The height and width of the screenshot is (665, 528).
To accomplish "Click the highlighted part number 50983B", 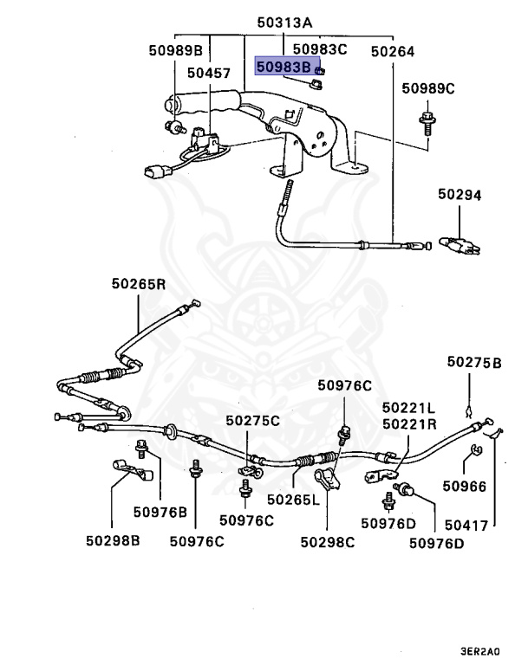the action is [x=284, y=67].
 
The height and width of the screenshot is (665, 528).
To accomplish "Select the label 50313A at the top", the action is [x=284, y=23].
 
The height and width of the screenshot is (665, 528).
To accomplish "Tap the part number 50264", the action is [x=393, y=51].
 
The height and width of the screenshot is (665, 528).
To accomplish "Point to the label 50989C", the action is [x=428, y=88].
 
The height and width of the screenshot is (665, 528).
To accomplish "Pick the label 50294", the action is [x=460, y=194].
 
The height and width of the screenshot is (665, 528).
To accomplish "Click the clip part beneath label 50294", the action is [x=460, y=245].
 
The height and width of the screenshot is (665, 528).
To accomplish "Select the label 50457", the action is [x=209, y=73].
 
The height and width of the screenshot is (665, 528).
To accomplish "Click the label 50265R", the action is [x=139, y=283].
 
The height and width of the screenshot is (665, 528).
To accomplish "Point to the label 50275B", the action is [x=474, y=362].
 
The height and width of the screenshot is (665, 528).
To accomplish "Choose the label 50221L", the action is [x=408, y=408].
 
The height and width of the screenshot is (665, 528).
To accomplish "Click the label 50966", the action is [x=465, y=486].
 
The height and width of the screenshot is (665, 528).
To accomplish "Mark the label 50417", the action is [x=466, y=526].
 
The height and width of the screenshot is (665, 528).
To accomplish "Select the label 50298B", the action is [x=113, y=540].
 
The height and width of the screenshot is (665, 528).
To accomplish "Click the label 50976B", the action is [x=160, y=512].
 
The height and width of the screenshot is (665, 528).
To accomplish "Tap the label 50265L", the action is [x=293, y=500].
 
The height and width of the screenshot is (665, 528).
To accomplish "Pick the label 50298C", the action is [x=328, y=542].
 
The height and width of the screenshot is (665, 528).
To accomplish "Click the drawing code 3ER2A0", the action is [x=480, y=651].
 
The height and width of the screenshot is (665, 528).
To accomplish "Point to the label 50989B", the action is [x=176, y=50].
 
